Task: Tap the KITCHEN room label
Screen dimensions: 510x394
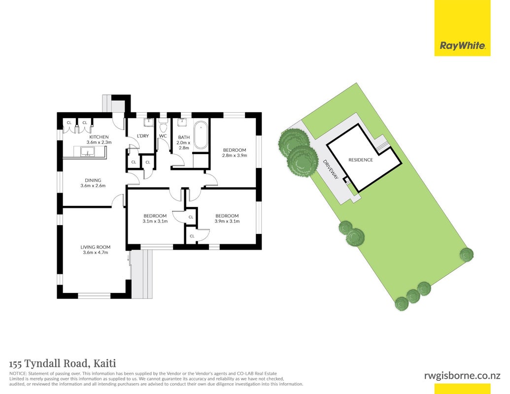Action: (99, 137)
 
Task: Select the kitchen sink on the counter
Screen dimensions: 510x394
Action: (88, 152)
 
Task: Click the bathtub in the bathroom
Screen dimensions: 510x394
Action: (201, 135)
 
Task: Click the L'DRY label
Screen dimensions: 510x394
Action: (143, 135)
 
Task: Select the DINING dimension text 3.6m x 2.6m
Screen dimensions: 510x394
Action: (93, 186)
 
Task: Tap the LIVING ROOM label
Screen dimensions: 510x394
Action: (95, 247)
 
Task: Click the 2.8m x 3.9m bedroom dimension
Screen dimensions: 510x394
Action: (235, 156)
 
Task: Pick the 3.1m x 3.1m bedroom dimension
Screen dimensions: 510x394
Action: (155, 222)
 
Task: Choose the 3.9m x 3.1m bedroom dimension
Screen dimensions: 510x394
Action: (227, 222)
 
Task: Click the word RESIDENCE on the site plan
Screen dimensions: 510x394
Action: (361, 160)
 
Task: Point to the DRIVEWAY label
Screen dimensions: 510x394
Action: (331, 169)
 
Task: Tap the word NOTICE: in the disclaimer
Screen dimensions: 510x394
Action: (18, 374)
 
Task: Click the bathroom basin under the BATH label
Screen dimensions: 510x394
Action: (182, 123)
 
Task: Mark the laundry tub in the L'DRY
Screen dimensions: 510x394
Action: (148, 123)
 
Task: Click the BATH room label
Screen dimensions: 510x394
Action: (184, 137)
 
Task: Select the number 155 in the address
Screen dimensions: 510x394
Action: (16, 363)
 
